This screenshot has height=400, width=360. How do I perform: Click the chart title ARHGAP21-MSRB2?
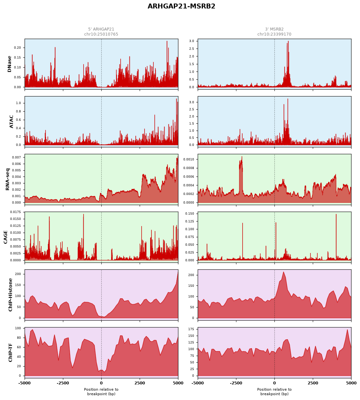pyautogui.click(x=181, y=6)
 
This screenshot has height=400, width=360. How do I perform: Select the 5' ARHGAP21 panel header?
pyautogui.click(x=101, y=29)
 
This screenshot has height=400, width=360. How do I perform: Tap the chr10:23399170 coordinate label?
pyautogui.click(x=274, y=34)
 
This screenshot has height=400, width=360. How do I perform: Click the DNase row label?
pyautogui.click(x=9, y=64)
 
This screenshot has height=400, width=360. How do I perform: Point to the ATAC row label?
pyautogui.click(x=11, y=122)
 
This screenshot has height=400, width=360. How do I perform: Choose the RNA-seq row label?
pyautogui.click(x=7, y=179)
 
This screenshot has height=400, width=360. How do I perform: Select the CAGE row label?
pyautogui.click(x=5, y=237)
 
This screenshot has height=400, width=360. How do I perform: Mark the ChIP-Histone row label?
pyautogui.click(x=10, y=295)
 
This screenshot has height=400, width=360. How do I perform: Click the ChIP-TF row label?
pyautogui.click(x=10, y=352)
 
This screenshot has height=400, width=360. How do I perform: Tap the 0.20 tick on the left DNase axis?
pyautogui.click(x=17, y=48)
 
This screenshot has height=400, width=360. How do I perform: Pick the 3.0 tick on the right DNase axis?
pyautogui.click(x=191, y=41)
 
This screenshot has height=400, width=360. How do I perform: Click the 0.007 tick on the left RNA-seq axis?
pyautogui.click(x=16, y=157)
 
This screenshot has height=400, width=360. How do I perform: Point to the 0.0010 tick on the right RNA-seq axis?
pyautogui.click(x=189, y=159)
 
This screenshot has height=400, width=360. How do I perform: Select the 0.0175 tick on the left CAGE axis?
pyautogui.click(x=15, y=212)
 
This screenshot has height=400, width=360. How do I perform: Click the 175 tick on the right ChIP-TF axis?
pyautogui.click(x=191, y=329)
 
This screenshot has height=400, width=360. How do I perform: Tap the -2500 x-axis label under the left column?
pyautogui.click(x=63, y=383)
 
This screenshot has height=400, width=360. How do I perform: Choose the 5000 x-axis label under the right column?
pyautogui.click(x=351, y=383)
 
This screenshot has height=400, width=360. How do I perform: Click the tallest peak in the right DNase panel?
pyautogui.click(x=288, y=41)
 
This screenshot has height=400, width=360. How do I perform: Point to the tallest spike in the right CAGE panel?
pyautogui.click(x=336, y=214)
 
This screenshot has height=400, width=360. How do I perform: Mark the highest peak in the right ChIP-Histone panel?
pyautogui.click(x=284, y=272)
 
